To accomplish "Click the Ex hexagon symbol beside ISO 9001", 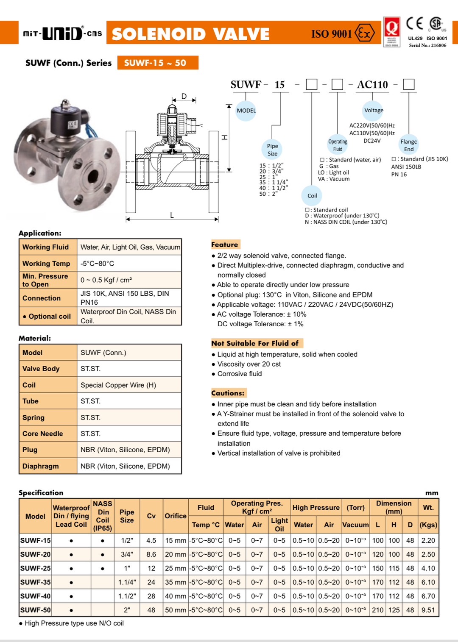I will pos(365,33).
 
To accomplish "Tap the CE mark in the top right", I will pos(414,23).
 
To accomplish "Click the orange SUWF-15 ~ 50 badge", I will pos(157,63).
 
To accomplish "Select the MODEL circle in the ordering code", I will pos(246,111).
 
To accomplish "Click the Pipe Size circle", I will pos(272,150).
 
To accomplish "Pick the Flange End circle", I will pos(408,145).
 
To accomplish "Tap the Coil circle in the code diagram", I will pos(312,196).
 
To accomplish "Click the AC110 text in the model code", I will pos(372,85).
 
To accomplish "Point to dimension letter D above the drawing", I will pos(184,97).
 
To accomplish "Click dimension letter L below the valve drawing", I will pos(172,215).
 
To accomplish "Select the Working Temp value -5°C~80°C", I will pos(98,264).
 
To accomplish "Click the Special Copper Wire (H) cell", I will pos(118,385).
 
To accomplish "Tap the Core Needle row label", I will pos(43,434).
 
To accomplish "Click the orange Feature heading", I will pos(225,245).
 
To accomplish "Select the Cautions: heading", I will pos(228,393).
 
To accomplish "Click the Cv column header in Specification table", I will pos(151,516).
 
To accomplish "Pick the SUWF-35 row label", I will pos(36,582).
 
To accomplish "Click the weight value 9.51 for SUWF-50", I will pos(428,610).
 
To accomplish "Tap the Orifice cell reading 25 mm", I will pos(176,568).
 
